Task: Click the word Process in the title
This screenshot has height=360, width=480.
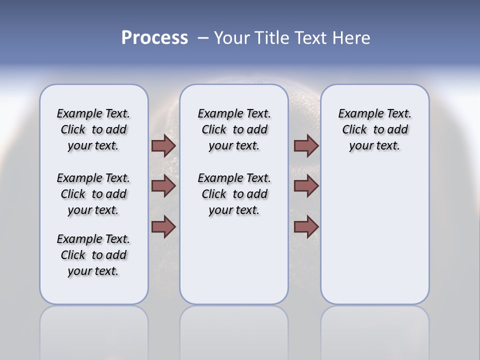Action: (154, 38)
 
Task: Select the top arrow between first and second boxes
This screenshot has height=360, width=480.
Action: (163, 145)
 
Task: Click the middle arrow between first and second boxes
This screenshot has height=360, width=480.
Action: (163, 186)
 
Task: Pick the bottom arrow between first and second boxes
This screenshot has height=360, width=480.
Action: (163, 227)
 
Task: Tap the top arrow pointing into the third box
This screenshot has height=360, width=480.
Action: (306, 145)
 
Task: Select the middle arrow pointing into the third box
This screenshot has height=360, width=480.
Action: (306, 186)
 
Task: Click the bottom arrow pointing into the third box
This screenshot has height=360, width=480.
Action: (306, 227)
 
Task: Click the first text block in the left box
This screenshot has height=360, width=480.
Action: (93, 129)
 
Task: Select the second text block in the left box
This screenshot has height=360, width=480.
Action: (93, 194)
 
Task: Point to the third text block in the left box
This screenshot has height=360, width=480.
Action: (93, 255)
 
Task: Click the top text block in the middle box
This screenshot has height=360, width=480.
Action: (234, 129)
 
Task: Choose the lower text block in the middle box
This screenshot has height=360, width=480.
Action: (234, 194)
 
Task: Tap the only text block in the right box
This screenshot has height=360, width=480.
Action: (374, 129)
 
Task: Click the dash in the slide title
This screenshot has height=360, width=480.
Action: (203, 38)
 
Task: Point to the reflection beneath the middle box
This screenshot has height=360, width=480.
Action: (234, 330)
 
